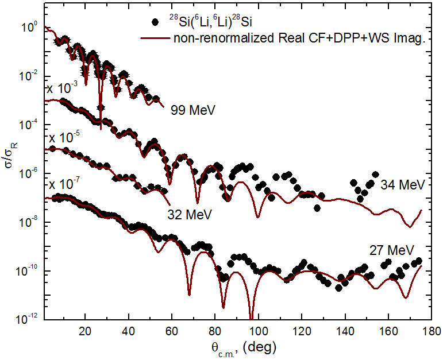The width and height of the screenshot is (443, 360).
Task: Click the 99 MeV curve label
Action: click(x=192, y=109)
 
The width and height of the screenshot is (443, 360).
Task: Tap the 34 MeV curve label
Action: click(x=402, y=185)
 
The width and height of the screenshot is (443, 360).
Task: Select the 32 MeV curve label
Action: click(x=190, y=215)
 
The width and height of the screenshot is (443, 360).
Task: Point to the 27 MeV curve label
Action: click(x=392, y=250)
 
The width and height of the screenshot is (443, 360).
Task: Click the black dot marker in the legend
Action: click(x=154, y=23)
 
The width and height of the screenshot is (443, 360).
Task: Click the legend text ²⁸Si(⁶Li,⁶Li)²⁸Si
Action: click(x=204, y=22)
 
